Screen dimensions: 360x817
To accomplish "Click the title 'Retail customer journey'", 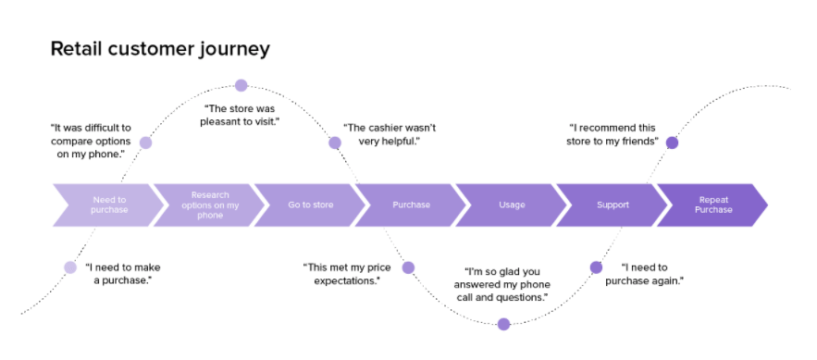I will point(159,48).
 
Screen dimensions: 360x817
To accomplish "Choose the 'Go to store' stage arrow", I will point(310,205).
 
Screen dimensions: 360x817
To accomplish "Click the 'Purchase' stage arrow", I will point(411,205).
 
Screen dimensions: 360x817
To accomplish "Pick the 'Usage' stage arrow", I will point(512,205).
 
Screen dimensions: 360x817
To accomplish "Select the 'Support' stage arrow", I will point(613,205).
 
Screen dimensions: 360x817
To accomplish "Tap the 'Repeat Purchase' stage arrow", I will point(713,205).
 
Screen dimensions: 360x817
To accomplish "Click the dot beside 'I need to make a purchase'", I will point(70,267).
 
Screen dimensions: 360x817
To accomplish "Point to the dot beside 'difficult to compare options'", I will point(145,143).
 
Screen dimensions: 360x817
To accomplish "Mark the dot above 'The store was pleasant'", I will point(241,85).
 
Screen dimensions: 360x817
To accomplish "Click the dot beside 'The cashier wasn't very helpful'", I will point(335,143).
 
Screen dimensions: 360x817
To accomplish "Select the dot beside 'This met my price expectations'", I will point(408,267).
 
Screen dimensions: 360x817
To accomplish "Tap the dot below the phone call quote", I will point(503,324).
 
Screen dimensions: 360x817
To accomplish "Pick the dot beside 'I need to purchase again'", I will point(596,267).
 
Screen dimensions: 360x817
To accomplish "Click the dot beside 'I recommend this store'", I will point(672,143).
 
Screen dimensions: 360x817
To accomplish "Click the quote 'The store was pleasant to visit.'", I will point(240,115).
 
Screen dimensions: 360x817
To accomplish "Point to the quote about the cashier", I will point(390,134).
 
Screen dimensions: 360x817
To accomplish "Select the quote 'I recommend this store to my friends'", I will point(612,134).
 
